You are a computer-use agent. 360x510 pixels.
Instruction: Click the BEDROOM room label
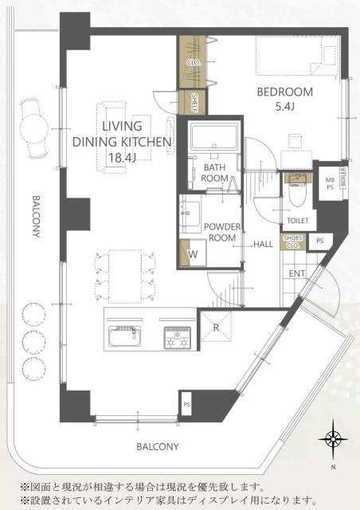point(285,92)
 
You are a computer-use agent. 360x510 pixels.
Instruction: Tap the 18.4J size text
point(122,158)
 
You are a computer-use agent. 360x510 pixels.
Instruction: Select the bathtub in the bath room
point(214,136)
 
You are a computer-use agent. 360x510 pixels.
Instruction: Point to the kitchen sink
point(125,336)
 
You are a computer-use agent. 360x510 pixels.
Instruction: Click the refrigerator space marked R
point(216,327)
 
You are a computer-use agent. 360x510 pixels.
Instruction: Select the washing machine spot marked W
point(194,253)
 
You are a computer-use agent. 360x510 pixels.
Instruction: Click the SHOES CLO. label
point(292,241)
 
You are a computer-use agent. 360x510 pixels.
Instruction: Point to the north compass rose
point(334,440)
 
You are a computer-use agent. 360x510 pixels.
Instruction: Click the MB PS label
point(330,183)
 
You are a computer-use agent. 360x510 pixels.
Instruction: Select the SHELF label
point(194,102)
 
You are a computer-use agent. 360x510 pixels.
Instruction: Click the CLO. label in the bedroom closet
point(194,62)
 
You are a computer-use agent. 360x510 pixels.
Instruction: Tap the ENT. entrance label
point(298,273)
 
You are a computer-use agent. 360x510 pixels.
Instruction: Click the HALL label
point(263,244)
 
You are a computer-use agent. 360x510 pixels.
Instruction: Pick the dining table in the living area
point(125,277)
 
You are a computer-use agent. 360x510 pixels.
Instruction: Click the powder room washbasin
point(190,214)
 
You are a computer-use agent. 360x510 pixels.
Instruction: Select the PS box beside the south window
point(186,404)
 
